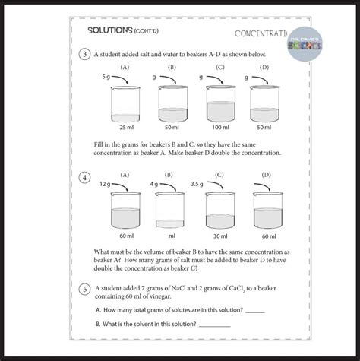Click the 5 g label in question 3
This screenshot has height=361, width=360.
click(106, 77)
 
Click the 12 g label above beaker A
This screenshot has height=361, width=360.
click(105, 184)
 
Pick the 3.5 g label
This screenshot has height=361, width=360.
click(197, 184)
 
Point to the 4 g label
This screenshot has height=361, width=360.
click(153, 184)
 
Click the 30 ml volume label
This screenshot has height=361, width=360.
click(219, 236)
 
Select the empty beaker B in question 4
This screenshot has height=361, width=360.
click(171, 209)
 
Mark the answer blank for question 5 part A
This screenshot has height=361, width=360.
click(255, 312)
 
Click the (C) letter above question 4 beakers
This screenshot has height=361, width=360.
click(219, 175)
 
